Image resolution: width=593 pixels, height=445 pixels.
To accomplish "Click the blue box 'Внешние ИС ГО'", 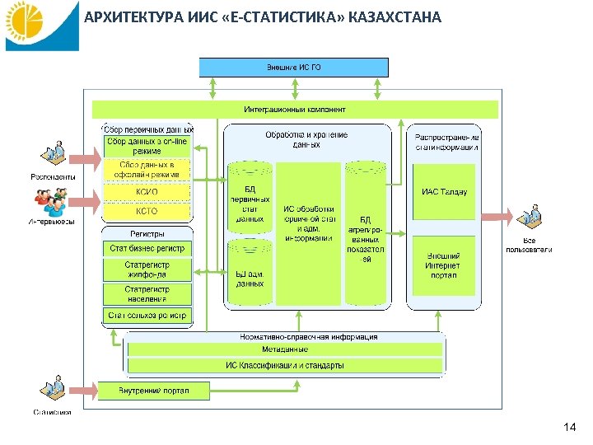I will pos(294,67).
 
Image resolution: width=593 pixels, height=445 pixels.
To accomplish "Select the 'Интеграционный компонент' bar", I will pos(295,110).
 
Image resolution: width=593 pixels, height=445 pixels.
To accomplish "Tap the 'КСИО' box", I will pos(147,191).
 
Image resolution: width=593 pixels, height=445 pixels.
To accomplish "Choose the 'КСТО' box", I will pos(147,212).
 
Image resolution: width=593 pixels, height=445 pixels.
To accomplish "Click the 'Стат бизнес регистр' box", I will pos(147,248).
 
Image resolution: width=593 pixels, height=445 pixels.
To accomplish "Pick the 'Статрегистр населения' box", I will pos(147,293).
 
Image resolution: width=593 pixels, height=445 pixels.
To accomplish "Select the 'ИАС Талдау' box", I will pos(444,191).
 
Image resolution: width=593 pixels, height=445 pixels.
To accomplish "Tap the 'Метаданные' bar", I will pos(285,349).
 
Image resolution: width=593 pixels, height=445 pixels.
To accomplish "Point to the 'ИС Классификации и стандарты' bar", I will pos(285,365).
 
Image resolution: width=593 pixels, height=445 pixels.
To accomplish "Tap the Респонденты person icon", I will pos(54,156).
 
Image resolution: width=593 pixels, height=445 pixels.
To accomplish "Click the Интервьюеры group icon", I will pos(51,201).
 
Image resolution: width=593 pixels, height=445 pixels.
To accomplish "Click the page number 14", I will pos(570,428).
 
